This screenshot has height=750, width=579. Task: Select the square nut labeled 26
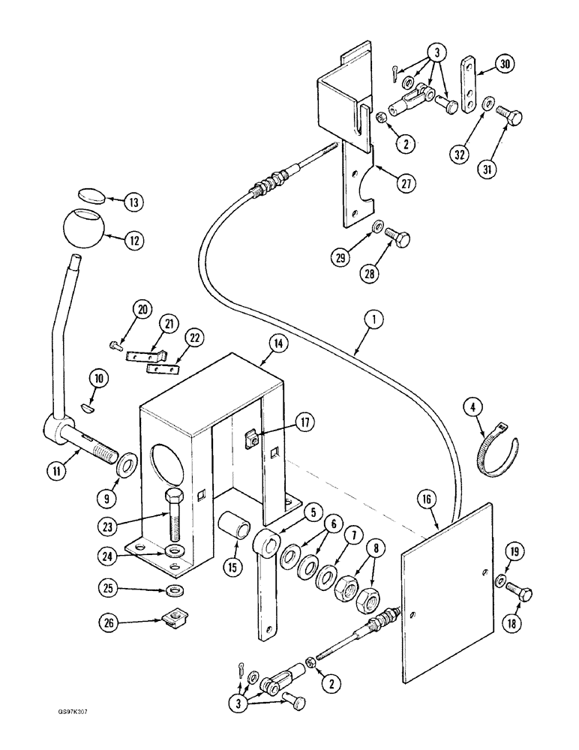pos(174,620)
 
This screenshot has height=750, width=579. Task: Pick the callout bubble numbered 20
pos(121,307)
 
